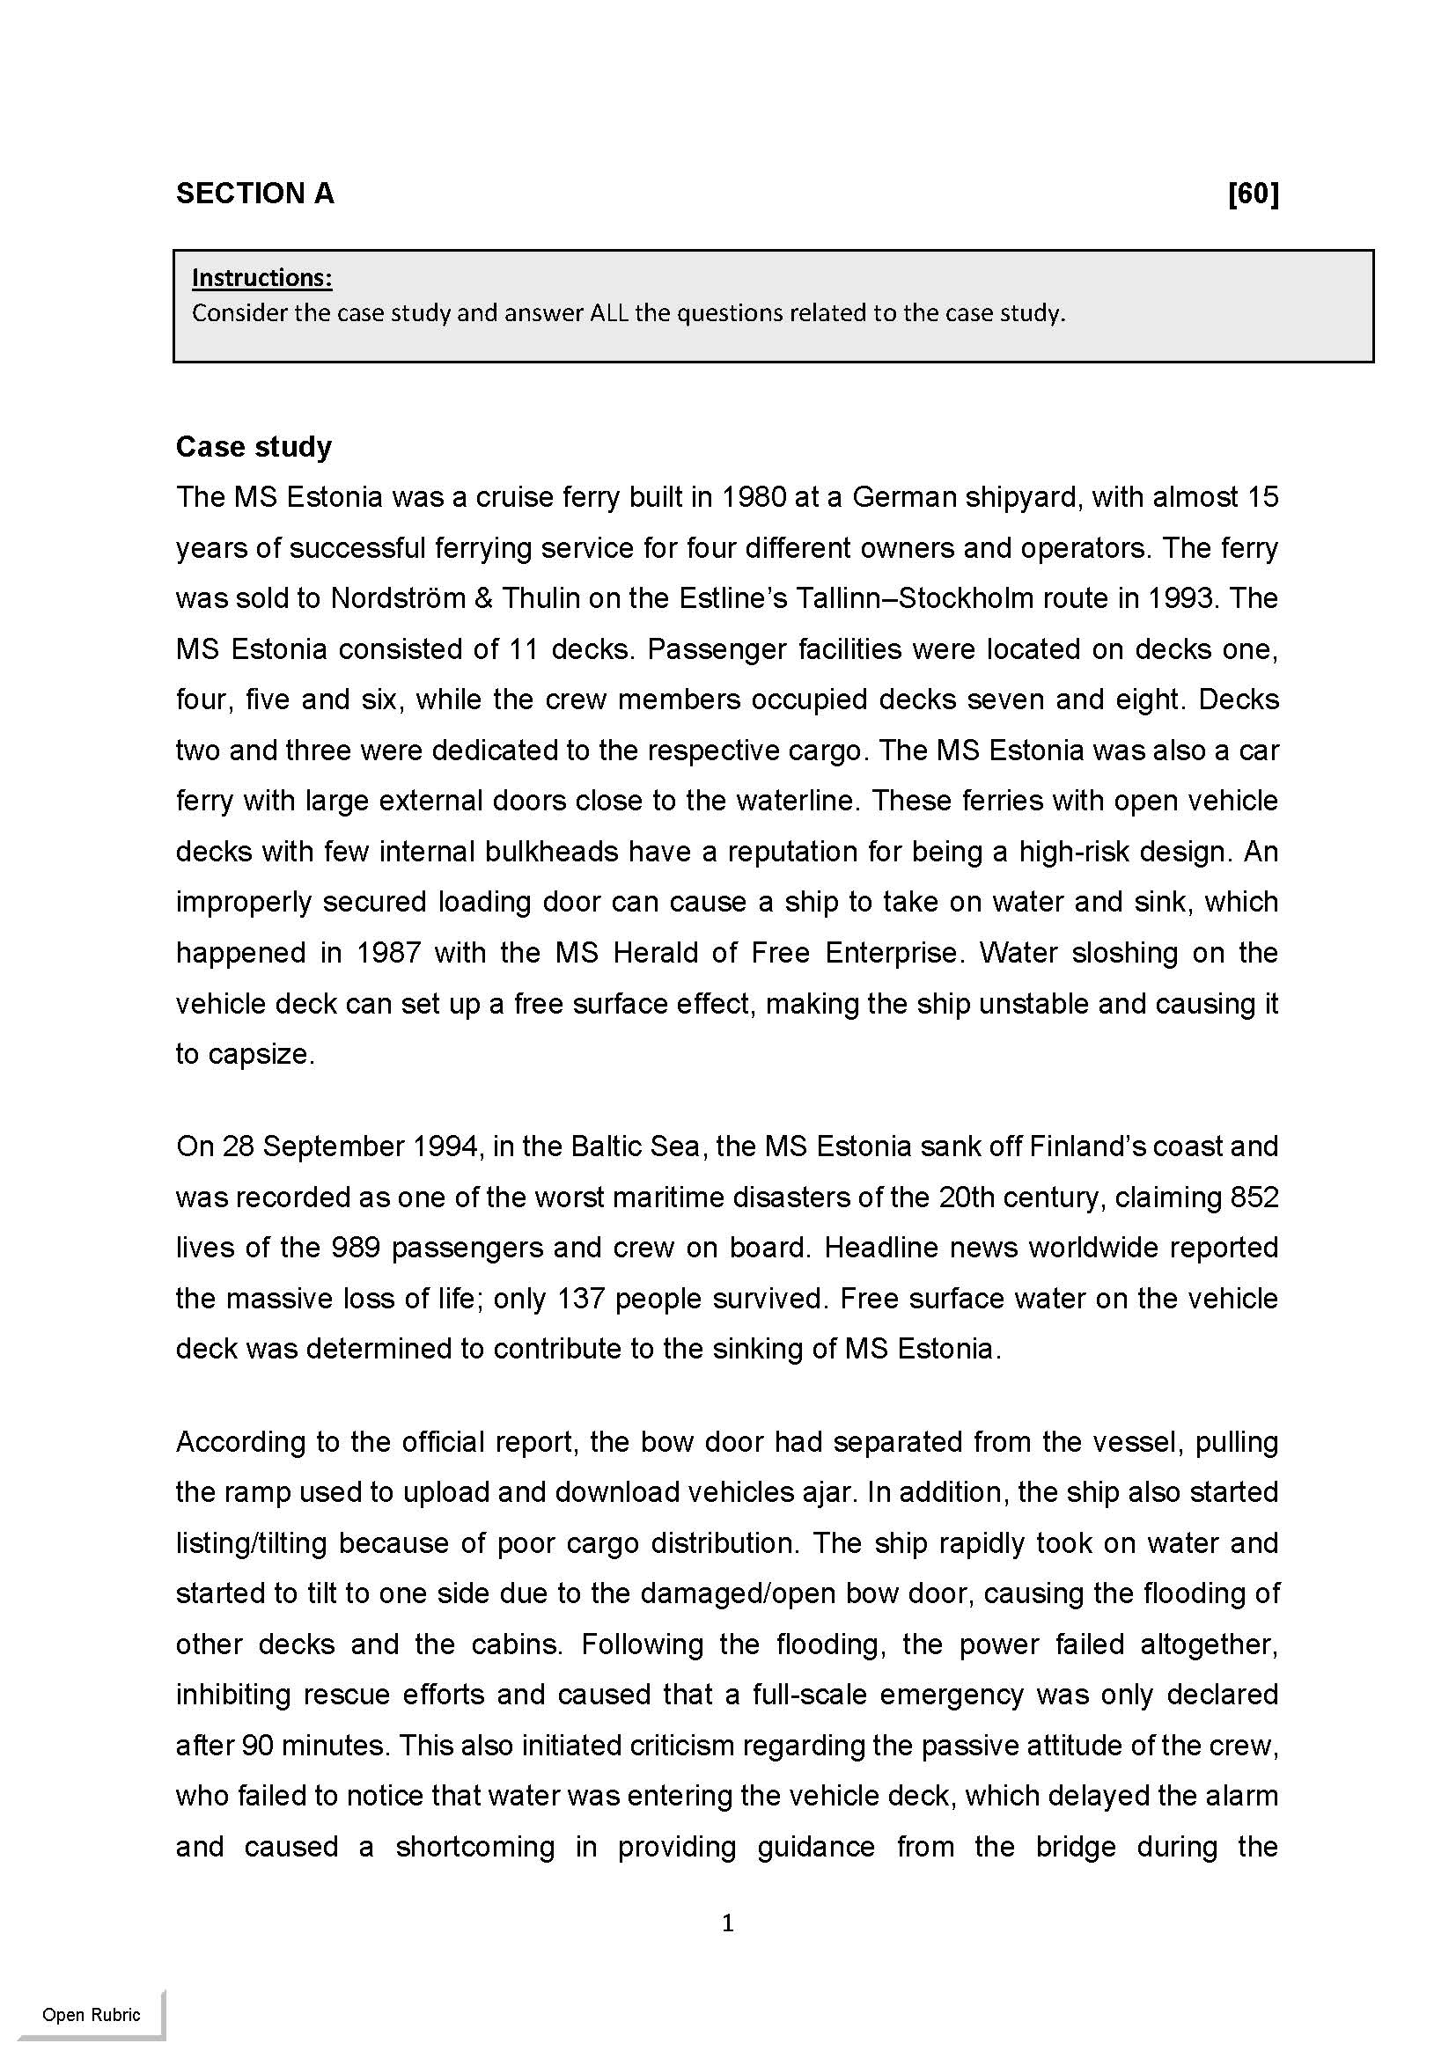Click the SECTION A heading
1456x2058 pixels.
pyautogui.click(x=254, y=194)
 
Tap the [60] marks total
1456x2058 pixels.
pyautogui.click(x=1253, y=194)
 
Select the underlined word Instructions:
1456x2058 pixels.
pyautogui.click(x=261, y=278)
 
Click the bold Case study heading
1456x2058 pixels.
pyautogui.click(x=254, y=446)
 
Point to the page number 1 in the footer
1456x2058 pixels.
pyautogui.click(x=728, y=1922)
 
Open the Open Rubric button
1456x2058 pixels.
pyautogui.click(x=92, y=2015)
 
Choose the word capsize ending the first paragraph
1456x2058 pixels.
pyautogui.click(x=258, y=1054)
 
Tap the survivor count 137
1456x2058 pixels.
pyautogui.click(x=581, y=1299)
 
